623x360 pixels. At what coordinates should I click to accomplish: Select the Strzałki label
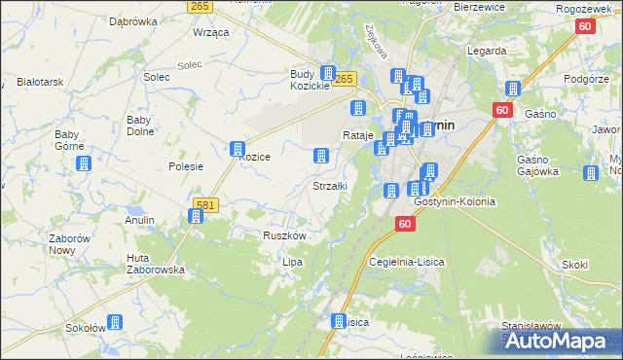point(329,185)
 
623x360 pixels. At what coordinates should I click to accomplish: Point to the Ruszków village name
point(285,236)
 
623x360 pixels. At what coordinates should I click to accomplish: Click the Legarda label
point(486,50)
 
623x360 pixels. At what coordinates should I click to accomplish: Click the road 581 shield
point(204,204)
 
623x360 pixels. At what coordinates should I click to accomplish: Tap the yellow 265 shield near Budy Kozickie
point(347,78)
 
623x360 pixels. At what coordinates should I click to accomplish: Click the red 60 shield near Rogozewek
point(584,26)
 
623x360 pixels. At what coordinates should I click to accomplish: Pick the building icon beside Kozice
point(237,149)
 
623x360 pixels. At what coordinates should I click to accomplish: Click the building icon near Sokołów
point(115,321)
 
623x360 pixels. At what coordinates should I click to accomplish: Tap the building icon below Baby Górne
point(84,164)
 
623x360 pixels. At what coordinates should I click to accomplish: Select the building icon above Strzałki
point(320,156)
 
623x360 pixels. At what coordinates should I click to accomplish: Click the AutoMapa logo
point(562,341)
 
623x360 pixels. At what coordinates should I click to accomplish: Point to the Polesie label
point(185,166)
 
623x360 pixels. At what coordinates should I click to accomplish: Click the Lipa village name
point(292,262)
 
